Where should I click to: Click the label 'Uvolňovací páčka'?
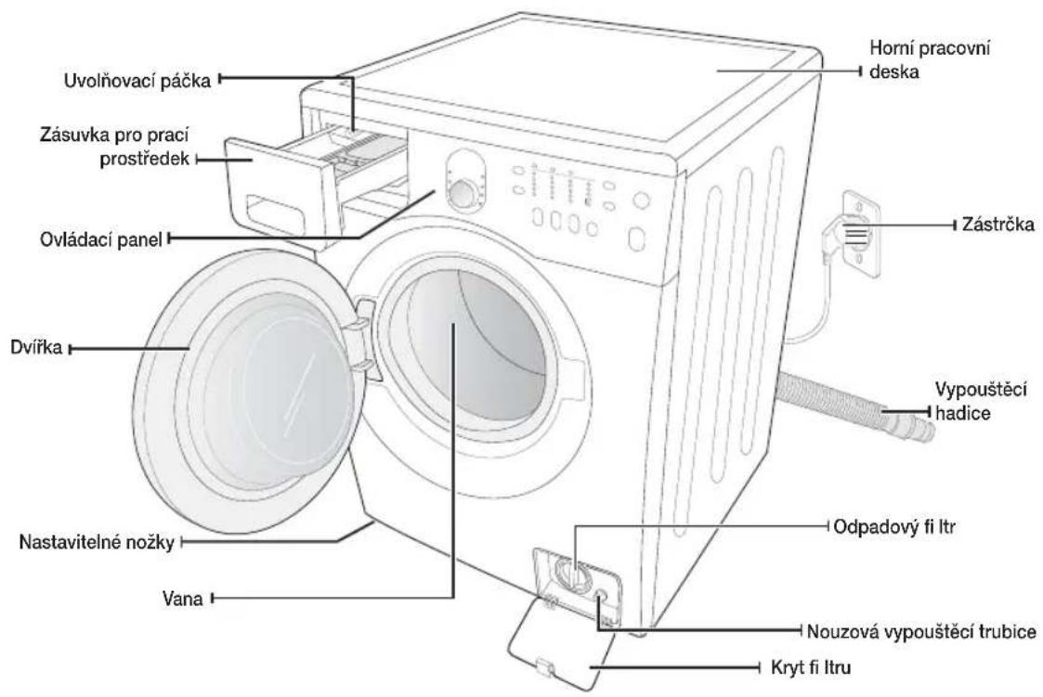pyautogui.click(x=137, y=81)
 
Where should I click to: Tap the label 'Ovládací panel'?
pyautogui.click(x=101, y=239)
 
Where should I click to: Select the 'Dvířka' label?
pyautogui.click(x=36, y=347)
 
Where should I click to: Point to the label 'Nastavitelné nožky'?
pyautogui.click(x=97, y=542)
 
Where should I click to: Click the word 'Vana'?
pyautogui.click(x=182, y=599)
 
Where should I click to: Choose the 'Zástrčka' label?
pyautogui.click(x=997, y=225)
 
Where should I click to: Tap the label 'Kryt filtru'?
pyautogui.click(x=811, y=667)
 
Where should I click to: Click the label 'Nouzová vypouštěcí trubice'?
pyautogui.click(x=921, y=630)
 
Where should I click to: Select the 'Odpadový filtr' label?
pyautogui.click(x=894, y=527)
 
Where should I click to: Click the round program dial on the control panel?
pyautogui.click(x=464, y=193)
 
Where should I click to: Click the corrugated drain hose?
pyautogui.click(x=854, y=406)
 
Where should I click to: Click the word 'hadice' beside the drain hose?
pyautogui.click(x=962, y=413)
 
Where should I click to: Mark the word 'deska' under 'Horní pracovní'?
pyautogui.click(x=894, y=71)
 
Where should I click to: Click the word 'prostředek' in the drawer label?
pyautogui.click(x=145, y=160)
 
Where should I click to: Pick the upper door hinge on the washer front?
pyautogui.click(x=362, y=313)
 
